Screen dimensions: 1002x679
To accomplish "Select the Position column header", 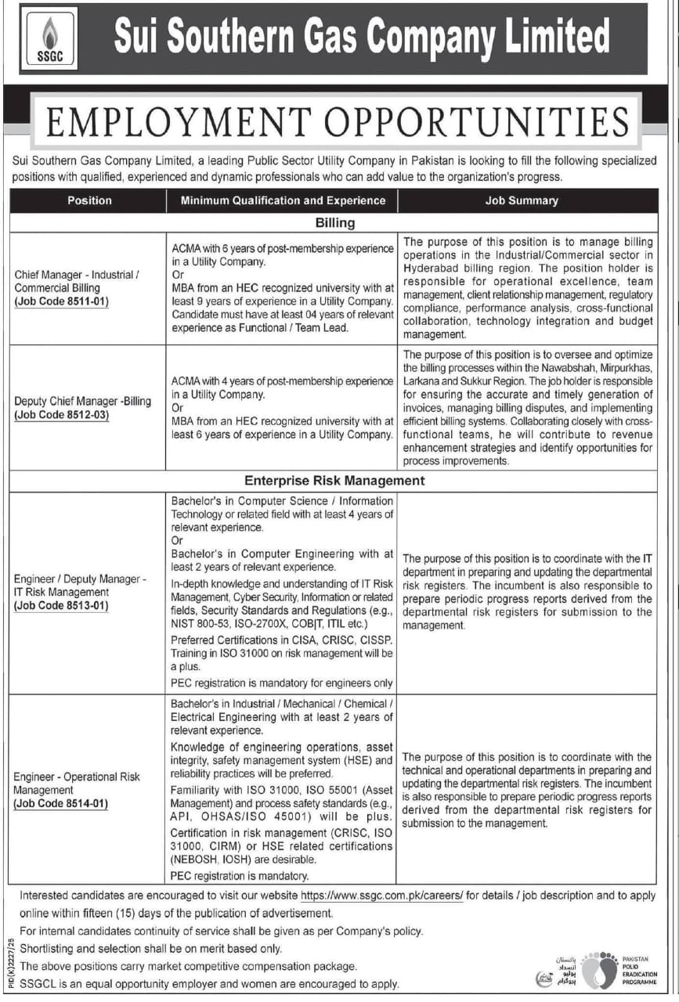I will coord(89,200).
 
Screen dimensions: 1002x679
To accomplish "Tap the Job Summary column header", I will coord(521,200).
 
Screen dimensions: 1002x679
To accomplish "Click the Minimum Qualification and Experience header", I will coord(283,200).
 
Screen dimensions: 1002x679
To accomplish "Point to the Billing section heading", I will coord(334,222).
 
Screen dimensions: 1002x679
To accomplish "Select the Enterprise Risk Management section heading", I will coord(334,481).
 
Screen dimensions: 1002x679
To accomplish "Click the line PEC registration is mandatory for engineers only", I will coord(282,683).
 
